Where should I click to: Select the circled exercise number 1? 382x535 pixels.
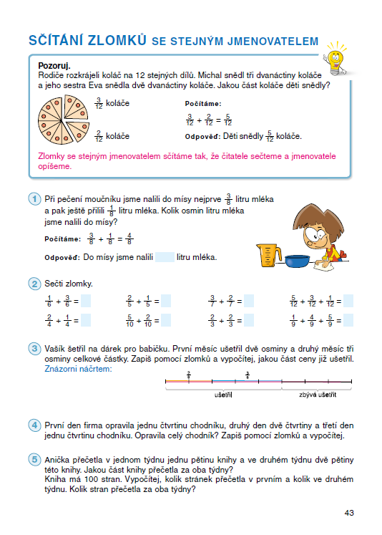[x=34, y=198]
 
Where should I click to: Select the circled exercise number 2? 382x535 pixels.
[x=34, y=284]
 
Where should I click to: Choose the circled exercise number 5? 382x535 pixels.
[x=34, y=460]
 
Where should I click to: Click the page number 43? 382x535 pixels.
[x=349, y=512]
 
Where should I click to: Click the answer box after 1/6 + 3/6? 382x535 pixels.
[x=86, y=302]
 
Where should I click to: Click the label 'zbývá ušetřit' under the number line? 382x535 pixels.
[x=318, y=395]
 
